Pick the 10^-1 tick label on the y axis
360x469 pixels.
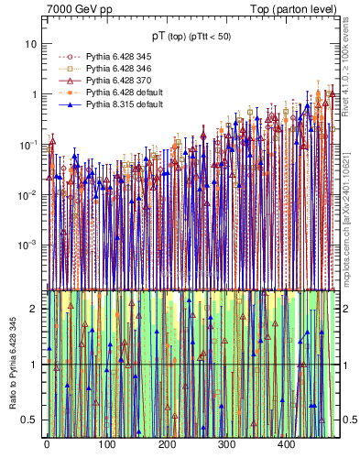(x=29, y=145)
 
